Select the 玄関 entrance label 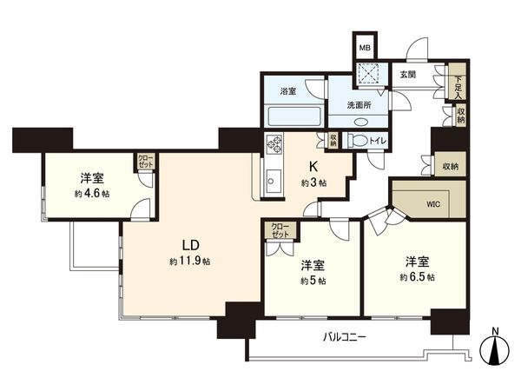click(407, 75)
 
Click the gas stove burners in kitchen click(276, 144)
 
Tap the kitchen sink click(272, 185)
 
